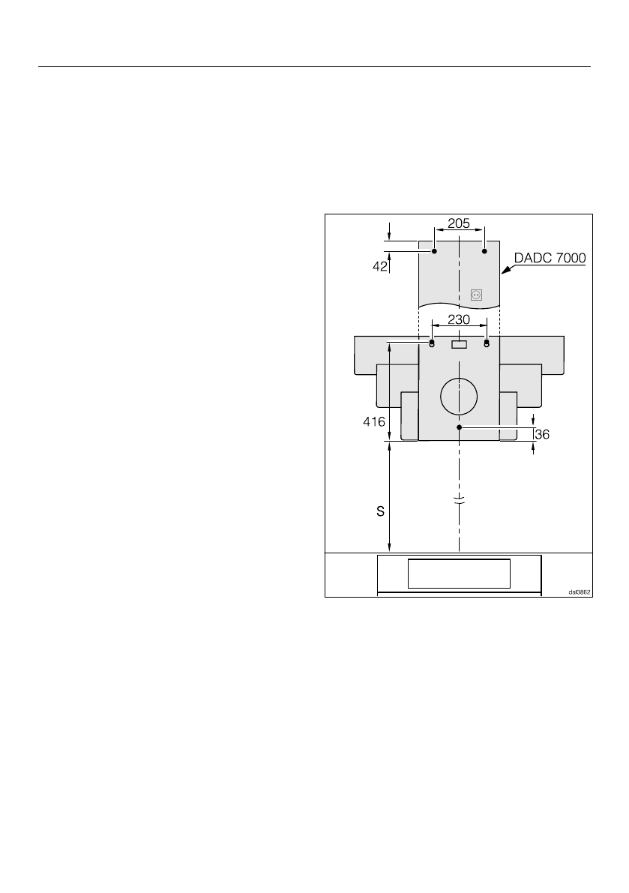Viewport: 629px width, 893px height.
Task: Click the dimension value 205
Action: [x=459, y=223]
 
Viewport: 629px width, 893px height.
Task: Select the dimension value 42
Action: [x=380, y=266]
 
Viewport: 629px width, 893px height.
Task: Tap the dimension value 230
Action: [x=459, y=319]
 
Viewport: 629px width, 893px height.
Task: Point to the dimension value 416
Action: [x=374, y=422]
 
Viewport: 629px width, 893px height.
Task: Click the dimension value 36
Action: [x=543, y=435]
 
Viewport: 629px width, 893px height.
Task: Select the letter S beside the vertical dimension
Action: [x=380, y=512]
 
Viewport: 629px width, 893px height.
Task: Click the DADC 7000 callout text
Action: [x=550, y=258]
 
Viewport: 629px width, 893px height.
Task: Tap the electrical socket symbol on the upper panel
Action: [x=477, y=295]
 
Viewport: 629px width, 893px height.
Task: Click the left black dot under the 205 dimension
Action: [x=434, y=251]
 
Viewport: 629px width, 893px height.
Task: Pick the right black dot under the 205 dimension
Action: [x=484, y=251]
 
